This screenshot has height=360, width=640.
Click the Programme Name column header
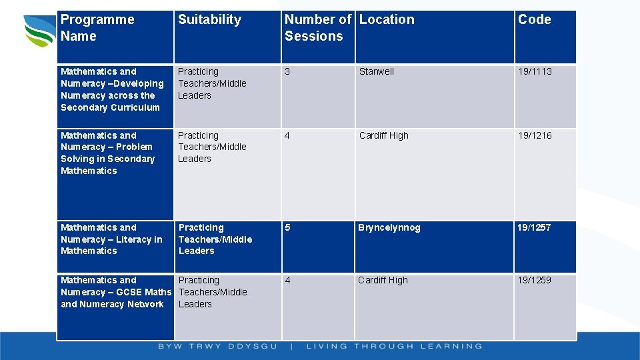pyautogui.click(x=97, y=28)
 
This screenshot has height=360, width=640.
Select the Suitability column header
pyautogui.click(x=209, y=20)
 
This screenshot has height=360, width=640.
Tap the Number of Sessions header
pyautogui.click(x=318, y=28)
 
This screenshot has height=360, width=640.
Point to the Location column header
pyautogui.click(x=387, y=20)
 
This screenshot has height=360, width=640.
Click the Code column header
pyautogui.click(x=535, y=20)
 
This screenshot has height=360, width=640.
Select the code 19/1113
pyautogui.click(x=535, y=71)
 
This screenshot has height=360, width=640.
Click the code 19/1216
pyautogui.click(x=535, y=135)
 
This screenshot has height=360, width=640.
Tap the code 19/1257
pyautogui.click(x=535, y=227)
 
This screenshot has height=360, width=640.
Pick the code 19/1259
pyautogui.click(x=535, y=280)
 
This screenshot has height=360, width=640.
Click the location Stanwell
pyautogui.click(x=377, y=71)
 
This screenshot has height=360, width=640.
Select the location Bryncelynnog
pyautogui.click(x=389, y=227)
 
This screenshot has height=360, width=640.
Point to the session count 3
pyautogui.click(x=287, y=71)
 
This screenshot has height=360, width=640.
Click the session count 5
pyautogui.click(x=287, y=227)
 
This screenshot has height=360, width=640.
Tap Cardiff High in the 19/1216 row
pyautogui.click(x=384, y=135)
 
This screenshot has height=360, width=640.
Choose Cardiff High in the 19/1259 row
pyautogui.click(x=383, y=280)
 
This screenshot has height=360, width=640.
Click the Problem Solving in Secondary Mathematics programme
pyautogui.click(x=107, y=153)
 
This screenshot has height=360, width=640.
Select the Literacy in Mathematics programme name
pyautogui.click(x=111, y=239)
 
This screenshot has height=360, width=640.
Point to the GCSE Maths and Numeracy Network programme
pyautogui.click(x=115, y=292)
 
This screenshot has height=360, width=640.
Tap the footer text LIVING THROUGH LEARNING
pyautogui.click(x=394, y=347)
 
